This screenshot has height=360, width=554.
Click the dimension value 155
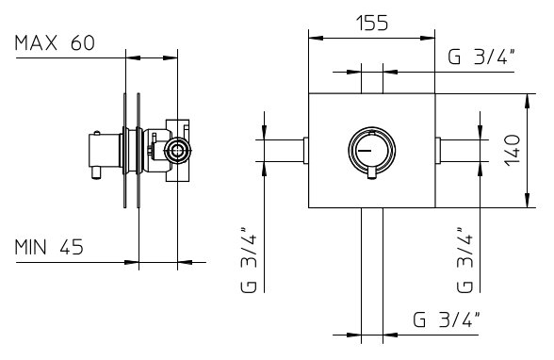(371, 23)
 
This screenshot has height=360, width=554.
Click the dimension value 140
(513, 150)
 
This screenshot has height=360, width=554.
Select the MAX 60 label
(55, 43)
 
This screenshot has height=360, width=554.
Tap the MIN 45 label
(49, 247)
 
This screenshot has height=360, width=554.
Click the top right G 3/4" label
(481, 57)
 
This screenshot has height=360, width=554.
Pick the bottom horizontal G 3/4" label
(447, 319)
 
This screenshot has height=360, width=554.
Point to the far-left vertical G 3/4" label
(249, 259)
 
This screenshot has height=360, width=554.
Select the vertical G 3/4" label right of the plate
(464, 259)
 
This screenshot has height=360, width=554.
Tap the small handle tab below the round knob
(371, 173)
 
